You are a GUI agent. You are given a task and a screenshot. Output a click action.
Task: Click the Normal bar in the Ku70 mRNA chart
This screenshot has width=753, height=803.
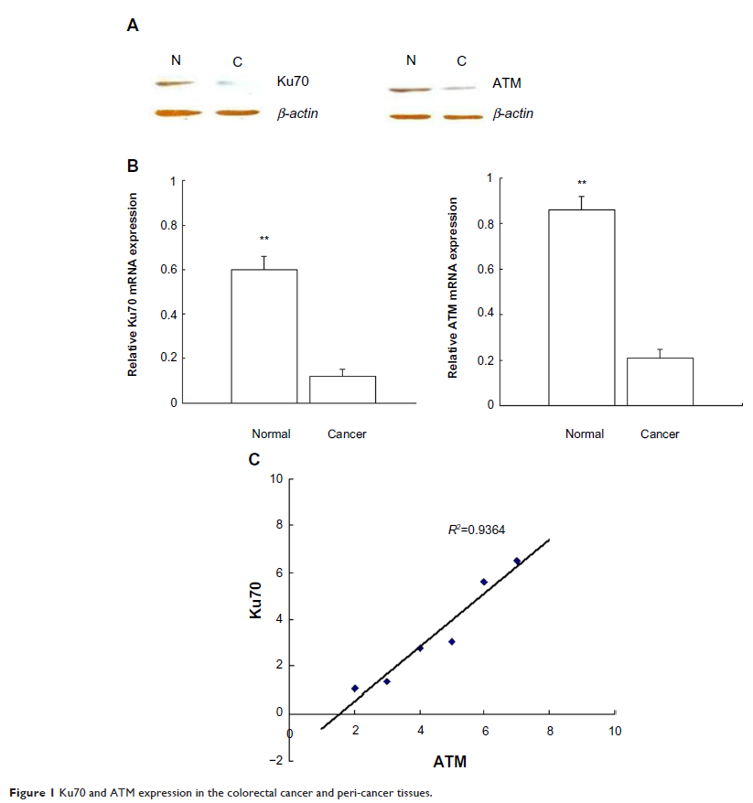[264, 336]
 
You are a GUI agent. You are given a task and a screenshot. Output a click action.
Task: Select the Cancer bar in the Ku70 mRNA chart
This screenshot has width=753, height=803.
[342, 389]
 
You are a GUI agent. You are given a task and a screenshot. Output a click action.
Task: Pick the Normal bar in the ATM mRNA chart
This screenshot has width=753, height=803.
[581, 306]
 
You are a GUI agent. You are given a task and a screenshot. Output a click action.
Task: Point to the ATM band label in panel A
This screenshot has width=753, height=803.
[507, 83]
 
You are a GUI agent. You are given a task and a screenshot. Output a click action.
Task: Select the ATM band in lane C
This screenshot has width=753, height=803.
[461, 89]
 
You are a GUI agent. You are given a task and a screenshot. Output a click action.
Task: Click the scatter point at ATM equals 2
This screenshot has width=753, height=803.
[355, 688]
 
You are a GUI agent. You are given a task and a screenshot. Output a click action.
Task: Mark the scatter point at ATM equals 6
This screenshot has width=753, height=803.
[484, 582]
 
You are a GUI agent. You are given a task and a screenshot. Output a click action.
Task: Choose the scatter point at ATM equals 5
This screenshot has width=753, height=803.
[452, 641]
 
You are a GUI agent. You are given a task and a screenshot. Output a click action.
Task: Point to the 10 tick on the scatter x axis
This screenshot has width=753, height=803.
[615, 731]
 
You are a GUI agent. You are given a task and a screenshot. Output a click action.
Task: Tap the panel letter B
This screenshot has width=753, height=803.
[133, 166]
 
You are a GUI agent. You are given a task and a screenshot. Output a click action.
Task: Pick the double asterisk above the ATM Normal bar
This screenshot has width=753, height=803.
[582, 183]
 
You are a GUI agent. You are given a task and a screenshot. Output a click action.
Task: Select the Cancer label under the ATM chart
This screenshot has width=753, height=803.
[660, 434]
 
